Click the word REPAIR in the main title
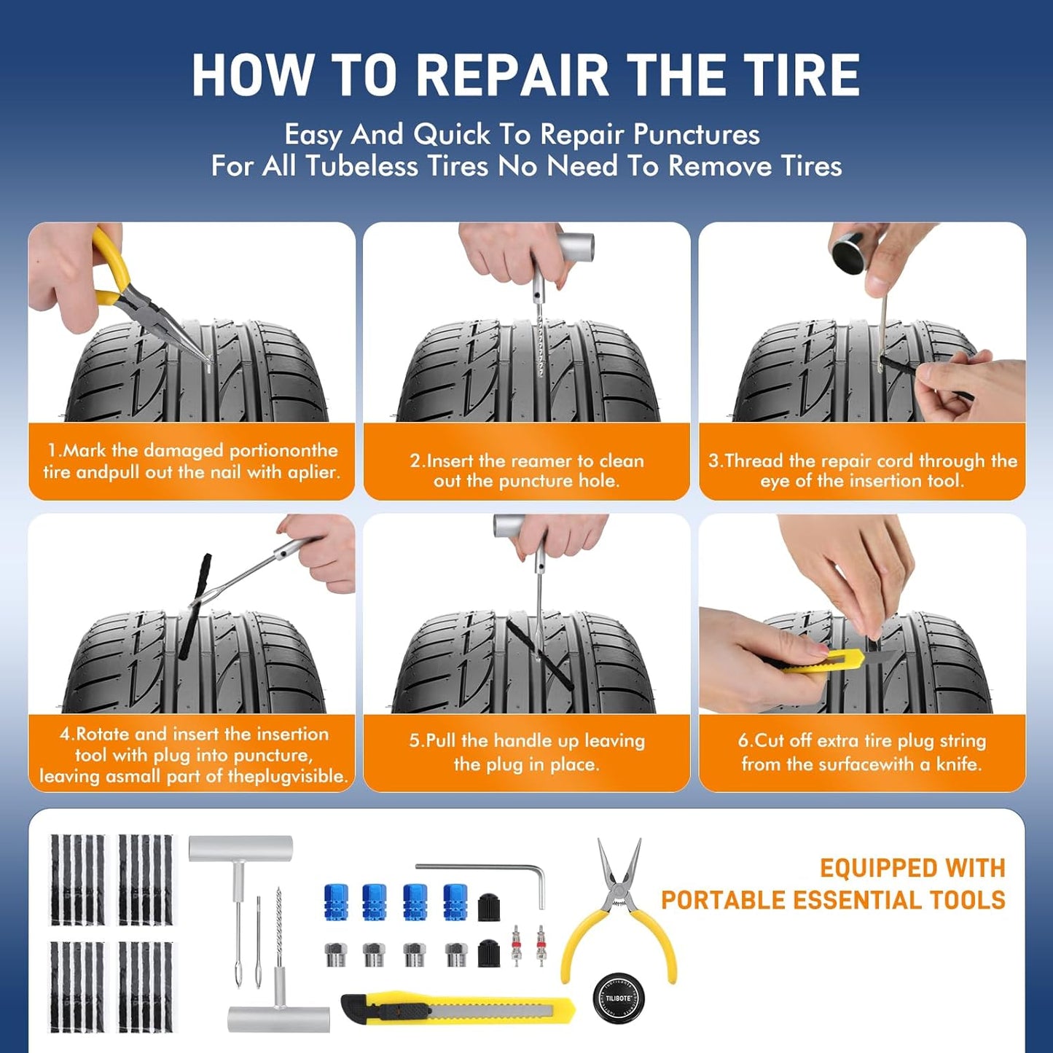[512, 76]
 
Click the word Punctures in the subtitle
[696, 135]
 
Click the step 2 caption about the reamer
[526, 471]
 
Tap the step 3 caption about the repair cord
[862, 471]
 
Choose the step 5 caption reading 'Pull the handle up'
[526, 752]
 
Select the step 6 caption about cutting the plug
[862, 752]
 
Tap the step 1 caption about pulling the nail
[192, 461]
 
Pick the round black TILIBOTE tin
[619, 998]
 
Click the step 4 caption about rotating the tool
[192, 754]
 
